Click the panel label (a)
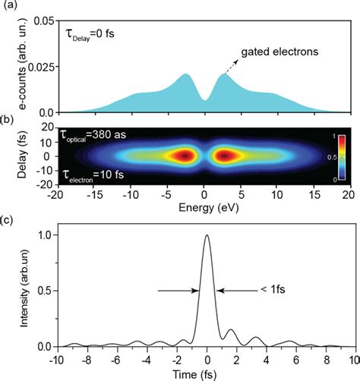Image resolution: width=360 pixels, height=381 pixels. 8,8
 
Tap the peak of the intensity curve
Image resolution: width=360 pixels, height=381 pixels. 206,236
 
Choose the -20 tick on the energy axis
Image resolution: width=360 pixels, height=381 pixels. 54,195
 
